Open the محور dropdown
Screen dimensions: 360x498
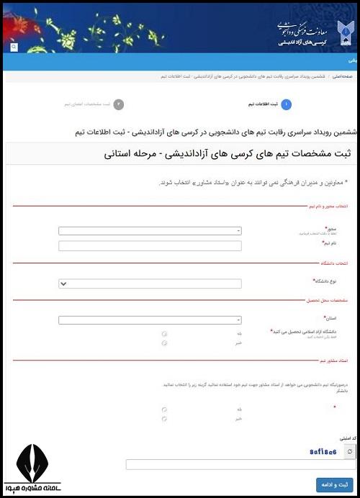150,231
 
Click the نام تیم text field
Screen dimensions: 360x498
150,245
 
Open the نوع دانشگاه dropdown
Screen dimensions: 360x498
150,284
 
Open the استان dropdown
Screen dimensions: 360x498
150,320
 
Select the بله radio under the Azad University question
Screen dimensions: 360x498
165,334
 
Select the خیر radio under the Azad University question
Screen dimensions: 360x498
165,343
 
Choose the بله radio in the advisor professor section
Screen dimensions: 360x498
165,409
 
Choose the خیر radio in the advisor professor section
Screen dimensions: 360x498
165,418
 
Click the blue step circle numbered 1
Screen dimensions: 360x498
287,104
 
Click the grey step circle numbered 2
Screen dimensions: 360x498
119,104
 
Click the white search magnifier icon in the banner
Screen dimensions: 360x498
14,47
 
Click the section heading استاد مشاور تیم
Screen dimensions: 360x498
336,360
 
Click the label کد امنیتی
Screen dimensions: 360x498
348,438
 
